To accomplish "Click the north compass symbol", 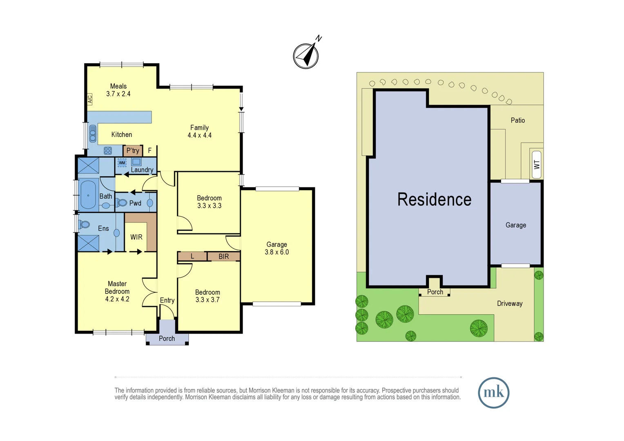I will coord(306,56).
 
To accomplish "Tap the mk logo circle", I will coord(493,393).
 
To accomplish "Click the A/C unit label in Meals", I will coord(90,99).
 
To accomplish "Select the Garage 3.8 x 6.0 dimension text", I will coord(276,252).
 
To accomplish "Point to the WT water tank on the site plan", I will coord(537,165).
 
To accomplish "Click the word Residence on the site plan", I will coord(434,200).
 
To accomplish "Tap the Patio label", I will coord(517,120).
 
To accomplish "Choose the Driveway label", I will coord(510,303).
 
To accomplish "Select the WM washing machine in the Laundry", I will coord(122,163).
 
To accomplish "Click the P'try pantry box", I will coord(133,151).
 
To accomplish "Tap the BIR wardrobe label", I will coord(223,256).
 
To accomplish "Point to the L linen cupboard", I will coord(192,256).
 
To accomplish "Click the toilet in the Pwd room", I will coord(122,203).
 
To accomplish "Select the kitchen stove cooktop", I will coord(108,151).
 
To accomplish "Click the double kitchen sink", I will coord(93,134).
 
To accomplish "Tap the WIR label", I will coord(136,237).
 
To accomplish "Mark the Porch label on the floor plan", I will coord(167,339).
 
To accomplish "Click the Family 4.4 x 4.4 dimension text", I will coord(199,135).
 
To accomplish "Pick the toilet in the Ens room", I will coord(85,224).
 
